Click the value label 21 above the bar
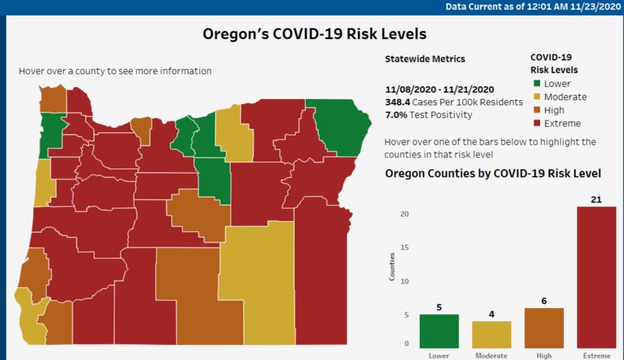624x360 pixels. click(x=596, y=199)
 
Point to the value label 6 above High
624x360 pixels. click(x=544, y=302)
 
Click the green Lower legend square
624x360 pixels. click(x=536, y=84)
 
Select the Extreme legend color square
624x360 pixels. click(x=536, y=123)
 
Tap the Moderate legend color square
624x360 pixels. click(x=536, y=97)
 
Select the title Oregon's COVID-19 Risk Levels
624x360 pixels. click(x=314, y=34)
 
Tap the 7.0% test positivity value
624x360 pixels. click(x=396, y=115)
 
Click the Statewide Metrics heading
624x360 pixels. click(x=425, y=58)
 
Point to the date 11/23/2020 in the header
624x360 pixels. click(x=593, y=6)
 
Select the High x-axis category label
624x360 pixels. click(x=544, y=355)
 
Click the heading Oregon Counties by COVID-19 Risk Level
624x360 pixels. click(x=493, y=174)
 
